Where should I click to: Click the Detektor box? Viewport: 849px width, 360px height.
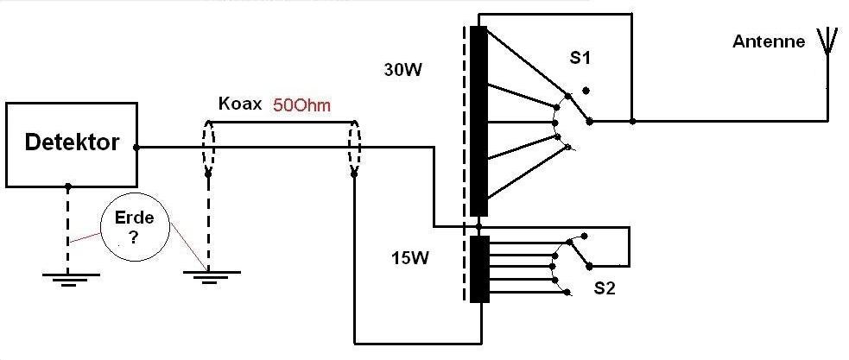[x=71, y=143]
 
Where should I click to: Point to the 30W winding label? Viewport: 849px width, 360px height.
[x=402, y=70]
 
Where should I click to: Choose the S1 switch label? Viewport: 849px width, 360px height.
[x=580, y=59]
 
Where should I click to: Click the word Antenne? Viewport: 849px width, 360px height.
[x=769, y=41]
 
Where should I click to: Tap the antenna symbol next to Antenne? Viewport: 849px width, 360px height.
[x=827, y=41]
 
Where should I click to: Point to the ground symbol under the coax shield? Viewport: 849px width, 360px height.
[x=208, y=275]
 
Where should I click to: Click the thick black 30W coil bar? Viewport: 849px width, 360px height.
[x=479, y=121]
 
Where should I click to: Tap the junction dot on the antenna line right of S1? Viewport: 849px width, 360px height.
[x=633, y=122]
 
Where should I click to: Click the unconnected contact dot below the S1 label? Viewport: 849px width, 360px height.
[x=587, y=90]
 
